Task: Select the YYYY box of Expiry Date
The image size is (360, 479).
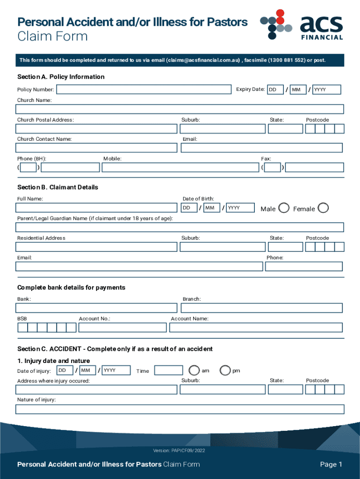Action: point(326,89)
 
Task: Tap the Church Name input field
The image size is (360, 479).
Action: point(180,109)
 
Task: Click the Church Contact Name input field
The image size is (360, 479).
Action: point(96,148)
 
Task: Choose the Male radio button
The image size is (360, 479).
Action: point(283,208)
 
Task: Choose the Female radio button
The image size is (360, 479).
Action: point(323,208)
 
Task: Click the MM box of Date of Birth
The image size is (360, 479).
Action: point(212,208)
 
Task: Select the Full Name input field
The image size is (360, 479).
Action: point(96,208)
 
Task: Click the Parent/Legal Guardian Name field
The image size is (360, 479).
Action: point(180,227)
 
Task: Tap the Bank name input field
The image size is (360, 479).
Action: point(96,308)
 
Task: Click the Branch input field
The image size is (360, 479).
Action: point(261,308)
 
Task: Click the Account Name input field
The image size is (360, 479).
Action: point(256,327)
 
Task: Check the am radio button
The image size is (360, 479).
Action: point(194,370)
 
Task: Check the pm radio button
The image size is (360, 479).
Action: point(225,370)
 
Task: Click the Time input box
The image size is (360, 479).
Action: point(168,370)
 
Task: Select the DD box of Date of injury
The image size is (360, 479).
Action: point(65,370)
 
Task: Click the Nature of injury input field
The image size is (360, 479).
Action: point(180,409)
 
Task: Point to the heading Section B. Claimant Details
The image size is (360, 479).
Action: point(58,187)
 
